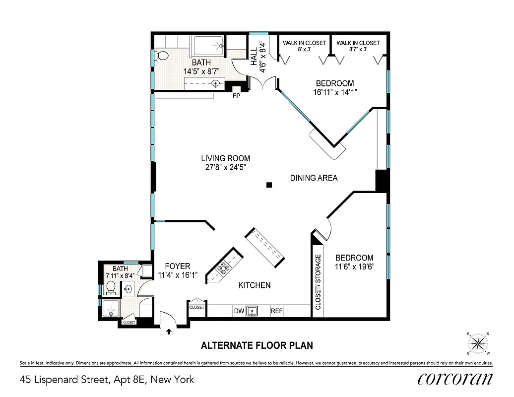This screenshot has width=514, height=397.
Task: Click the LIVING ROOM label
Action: click(225, 158)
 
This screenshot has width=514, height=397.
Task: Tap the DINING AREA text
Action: click(314, 178)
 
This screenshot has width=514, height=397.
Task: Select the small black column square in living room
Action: click(269, 185)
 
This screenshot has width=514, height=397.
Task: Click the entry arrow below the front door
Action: click(169, 331)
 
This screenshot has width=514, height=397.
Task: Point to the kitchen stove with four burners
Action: click(223, 267)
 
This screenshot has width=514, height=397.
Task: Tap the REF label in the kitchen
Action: click(276, 312)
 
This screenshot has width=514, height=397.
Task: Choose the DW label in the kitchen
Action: click(239, 312)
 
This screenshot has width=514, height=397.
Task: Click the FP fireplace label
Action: click(236, 96)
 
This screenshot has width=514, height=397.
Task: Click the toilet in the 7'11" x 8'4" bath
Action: click(111, 287)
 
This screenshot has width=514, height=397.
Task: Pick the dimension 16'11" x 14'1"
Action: click(335, 92)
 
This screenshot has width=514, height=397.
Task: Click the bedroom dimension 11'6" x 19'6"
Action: click(354, 266)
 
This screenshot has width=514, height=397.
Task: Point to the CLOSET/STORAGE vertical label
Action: click(318, 282)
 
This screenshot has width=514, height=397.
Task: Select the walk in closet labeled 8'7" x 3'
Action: click(358, 46)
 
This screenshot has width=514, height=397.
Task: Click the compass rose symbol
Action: click(478, 343)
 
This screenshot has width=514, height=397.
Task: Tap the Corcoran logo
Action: click(455, 379)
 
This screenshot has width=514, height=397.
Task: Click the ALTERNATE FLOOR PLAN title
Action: click(256, 345)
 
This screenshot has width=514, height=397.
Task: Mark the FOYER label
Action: click(177, 266)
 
